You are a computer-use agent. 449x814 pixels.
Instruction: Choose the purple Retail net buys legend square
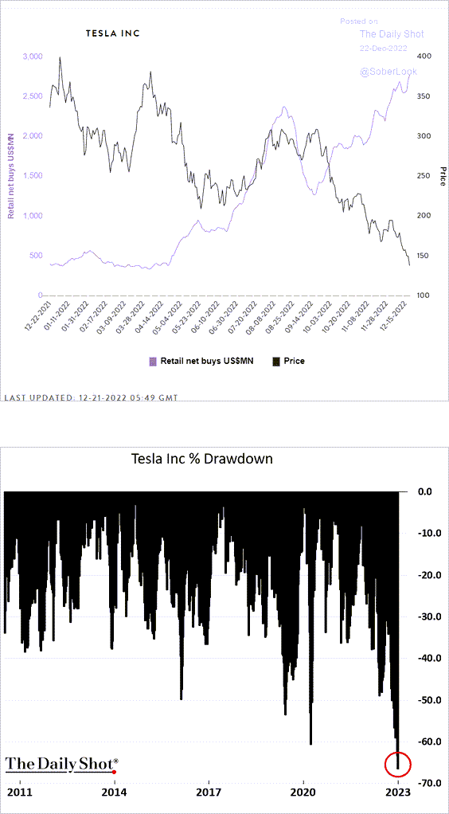point(153,361)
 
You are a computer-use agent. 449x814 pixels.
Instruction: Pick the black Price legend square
point(278,361)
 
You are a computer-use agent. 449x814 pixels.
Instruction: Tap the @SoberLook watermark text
point(388,72)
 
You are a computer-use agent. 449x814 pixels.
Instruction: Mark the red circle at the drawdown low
point(397,764)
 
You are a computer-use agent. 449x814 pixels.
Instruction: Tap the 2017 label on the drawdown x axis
point(209,793)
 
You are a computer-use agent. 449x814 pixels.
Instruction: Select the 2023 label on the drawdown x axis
point(397,793)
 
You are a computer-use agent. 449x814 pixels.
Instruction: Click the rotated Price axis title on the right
point(443,176)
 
